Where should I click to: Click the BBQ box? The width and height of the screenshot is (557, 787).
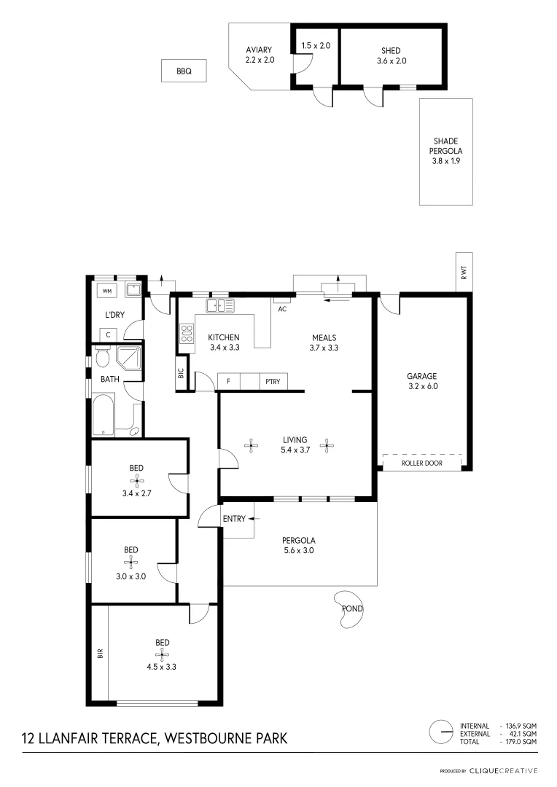184,71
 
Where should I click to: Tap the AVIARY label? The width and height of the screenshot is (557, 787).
259,50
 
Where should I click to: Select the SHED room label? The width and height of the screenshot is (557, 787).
391,51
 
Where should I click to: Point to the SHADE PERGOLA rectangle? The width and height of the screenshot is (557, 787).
445,151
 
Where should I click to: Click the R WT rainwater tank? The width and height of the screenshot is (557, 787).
464,271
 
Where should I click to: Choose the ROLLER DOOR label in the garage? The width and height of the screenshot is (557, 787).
422,463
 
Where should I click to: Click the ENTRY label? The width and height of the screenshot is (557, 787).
233,519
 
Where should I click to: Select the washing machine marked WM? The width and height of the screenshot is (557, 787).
107,291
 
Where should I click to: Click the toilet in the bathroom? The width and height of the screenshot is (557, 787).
101,358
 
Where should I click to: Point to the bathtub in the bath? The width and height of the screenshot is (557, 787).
104,415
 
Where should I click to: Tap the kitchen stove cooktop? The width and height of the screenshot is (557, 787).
186,334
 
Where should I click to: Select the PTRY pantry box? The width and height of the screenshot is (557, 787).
273,381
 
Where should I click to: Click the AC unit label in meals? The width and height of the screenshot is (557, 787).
283,308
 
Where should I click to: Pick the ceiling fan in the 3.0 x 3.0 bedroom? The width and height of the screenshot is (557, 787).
131,561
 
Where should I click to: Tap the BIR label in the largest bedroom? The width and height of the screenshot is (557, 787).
100,654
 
